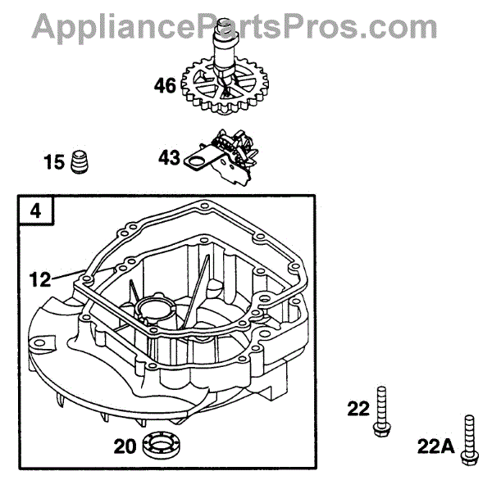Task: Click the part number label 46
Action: point(165,84)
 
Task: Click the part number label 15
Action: point(54,162)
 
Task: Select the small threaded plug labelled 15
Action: point(80,161)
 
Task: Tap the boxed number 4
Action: point(35,211)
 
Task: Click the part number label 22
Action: point(358,408)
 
